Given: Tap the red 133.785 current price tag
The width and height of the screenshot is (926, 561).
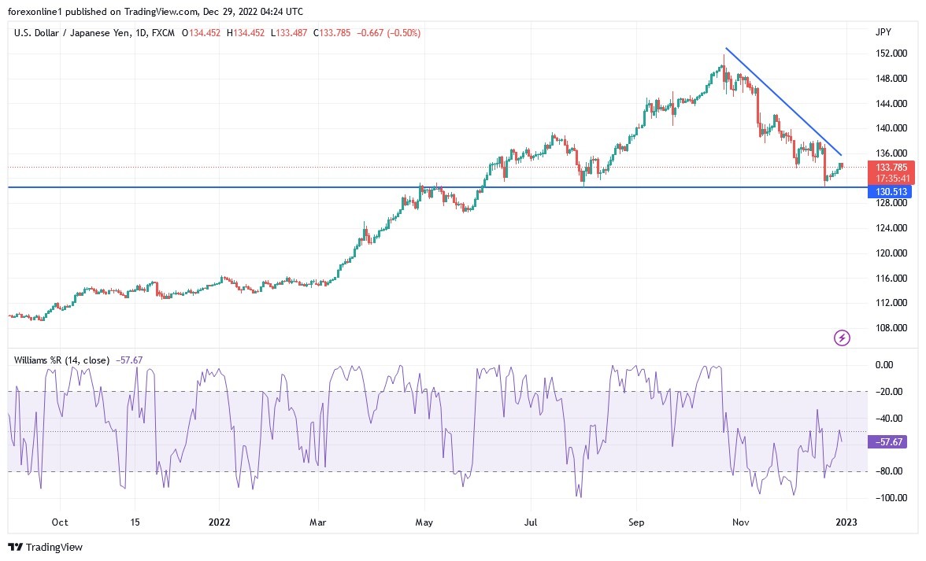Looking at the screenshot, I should coord(891,168).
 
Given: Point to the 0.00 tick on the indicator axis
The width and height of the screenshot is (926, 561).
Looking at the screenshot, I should coord(884,365).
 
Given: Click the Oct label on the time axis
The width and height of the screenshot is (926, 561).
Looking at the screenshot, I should coord(59,522).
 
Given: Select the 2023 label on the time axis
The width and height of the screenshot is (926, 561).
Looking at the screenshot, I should coord(846,522).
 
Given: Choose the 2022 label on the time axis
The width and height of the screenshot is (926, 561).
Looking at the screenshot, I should coord(220,522).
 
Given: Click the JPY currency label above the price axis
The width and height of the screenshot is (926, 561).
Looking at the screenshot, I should coord(883,31).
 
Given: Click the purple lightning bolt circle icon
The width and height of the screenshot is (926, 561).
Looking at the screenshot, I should coord(842,338).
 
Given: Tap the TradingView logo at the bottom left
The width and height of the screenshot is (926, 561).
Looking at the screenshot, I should coord(46,547).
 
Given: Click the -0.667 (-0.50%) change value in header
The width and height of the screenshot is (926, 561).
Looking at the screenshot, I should coord(389,33).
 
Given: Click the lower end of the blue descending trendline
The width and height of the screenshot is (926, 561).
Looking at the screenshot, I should coord(841,154).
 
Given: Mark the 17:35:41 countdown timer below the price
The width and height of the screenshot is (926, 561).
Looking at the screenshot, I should coord(891,179).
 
